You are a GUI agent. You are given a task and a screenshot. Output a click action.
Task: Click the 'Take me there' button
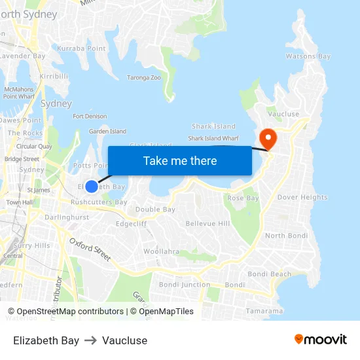tap(179, 160)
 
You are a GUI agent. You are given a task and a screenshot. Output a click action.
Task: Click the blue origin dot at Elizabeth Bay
tap(92, 187)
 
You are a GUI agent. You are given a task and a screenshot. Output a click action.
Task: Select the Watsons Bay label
tap(308, 56)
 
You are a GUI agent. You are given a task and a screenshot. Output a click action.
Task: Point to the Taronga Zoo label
tap(144, 77)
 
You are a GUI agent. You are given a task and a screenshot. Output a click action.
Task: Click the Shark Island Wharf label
tap(213, 138)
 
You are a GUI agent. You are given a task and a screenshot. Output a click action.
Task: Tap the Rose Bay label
tap(243, 198)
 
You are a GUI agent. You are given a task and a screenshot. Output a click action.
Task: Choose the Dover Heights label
tap(302, 197)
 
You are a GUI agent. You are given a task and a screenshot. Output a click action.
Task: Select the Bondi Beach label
tap(270, 274)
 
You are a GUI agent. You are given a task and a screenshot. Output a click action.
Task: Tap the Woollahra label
tap(162, 251)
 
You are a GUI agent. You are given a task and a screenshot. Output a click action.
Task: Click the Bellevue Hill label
tap(207, 224)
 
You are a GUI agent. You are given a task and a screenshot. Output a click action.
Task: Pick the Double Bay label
tap(155, 209)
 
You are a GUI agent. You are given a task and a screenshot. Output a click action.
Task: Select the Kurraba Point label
tap(81, 48)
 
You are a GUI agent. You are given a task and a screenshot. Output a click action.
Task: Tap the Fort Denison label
tap(90, 117)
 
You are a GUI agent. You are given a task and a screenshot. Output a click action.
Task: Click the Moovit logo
tap(320, 340)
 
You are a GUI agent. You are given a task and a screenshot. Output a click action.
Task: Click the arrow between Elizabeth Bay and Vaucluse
tap(90, 340)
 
